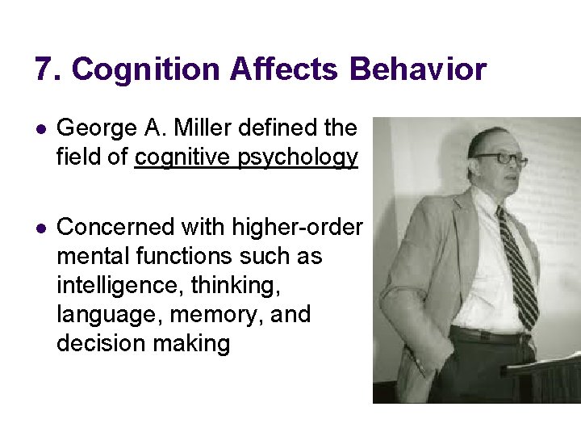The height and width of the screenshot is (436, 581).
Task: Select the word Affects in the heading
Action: click(x=285, y=69)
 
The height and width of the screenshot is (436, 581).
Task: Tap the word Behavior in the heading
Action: click(x=418, y=69)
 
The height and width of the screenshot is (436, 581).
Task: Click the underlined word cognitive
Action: click(x=184, y=157)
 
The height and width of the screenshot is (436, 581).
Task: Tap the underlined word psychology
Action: click(x=299, y=157)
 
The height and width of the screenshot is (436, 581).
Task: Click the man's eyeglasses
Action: click(x=499, y=157)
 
